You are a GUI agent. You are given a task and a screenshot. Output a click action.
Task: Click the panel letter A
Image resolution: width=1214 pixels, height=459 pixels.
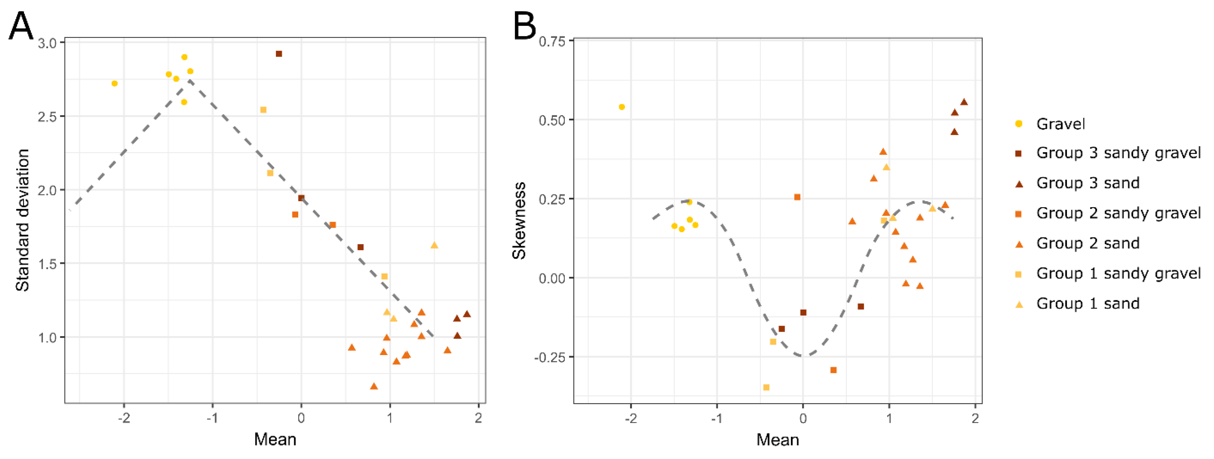(x=21, y=26)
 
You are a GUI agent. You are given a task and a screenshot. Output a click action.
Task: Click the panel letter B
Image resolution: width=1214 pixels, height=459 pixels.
(x=524, y=26)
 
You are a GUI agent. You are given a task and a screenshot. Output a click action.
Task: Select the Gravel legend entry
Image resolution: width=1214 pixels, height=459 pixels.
(x=1060, y=124)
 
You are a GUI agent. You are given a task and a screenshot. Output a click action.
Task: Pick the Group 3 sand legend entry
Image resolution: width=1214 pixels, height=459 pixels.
(x=1088, y=183)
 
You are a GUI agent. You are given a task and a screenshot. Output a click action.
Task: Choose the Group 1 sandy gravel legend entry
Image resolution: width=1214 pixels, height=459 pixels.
(x=1118, y=274)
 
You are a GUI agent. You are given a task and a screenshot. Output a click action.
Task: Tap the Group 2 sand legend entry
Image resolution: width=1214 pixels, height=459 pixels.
(x=1088, y=244)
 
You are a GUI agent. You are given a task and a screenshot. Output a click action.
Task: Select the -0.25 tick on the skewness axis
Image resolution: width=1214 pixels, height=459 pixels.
(x=550, y=357)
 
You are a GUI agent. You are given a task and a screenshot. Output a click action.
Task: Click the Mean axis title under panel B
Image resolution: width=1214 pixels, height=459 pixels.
(x=777, y=440)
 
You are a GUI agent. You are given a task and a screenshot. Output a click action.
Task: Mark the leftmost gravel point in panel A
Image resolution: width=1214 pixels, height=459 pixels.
(x=115, y=83)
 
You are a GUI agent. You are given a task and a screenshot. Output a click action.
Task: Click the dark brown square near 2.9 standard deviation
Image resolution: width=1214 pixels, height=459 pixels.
(x=279, y=54)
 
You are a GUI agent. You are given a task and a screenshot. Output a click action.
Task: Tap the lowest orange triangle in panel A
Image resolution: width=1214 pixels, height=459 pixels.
(x=374, y=386)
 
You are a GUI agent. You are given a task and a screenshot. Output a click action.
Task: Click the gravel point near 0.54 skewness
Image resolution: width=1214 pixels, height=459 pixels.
(x=622, y=107)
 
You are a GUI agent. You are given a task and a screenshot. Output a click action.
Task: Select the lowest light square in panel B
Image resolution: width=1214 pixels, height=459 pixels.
(x=766, y=387)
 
